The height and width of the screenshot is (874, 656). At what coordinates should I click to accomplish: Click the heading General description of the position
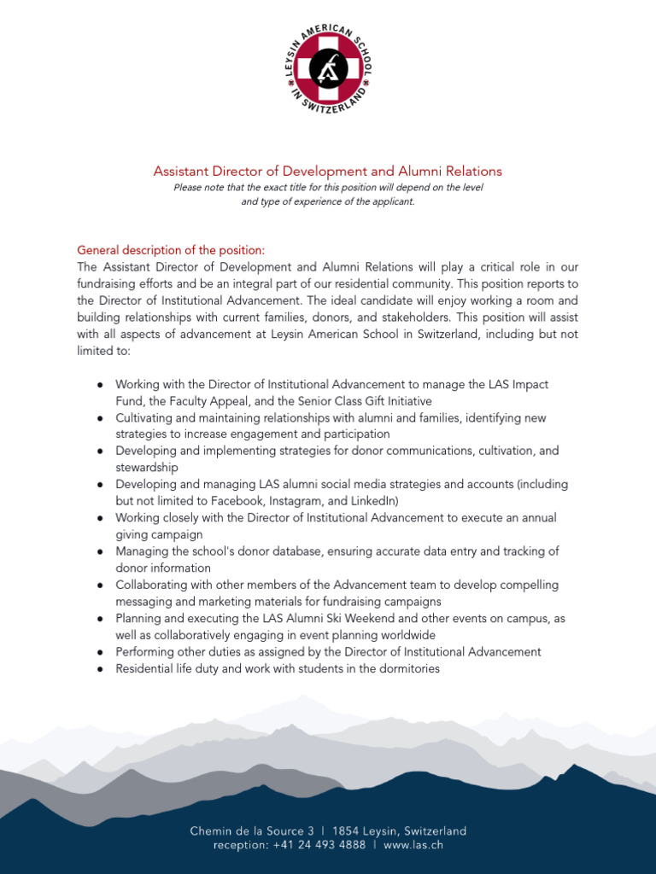pos(171,250)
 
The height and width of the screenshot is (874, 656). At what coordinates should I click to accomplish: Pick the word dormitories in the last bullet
pos(406,668)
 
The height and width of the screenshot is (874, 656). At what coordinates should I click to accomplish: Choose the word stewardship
pos(147,468)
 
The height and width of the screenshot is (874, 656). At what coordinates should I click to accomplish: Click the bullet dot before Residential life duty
pos(100,669)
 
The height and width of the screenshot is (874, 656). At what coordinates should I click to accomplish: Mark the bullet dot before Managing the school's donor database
pos(100,552)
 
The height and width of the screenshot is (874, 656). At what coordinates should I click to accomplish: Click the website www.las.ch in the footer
pos(413,845)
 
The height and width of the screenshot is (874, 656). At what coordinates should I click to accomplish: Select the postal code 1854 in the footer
pos(347,830)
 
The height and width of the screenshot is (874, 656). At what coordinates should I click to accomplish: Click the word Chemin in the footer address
pos(210,830)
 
